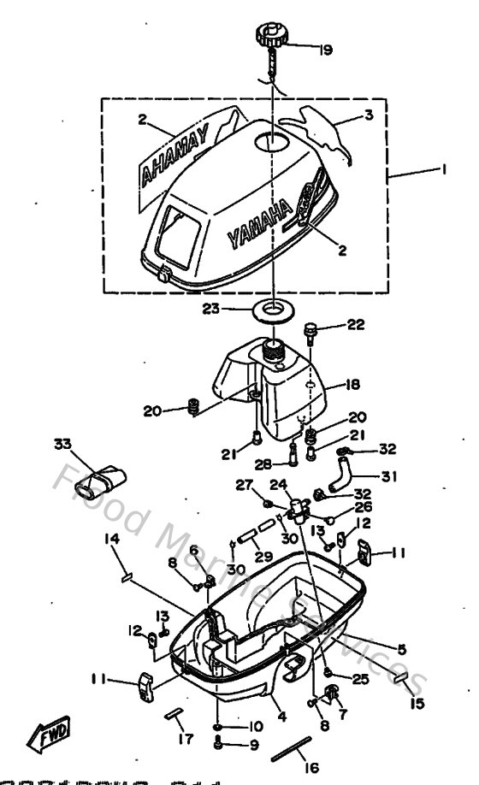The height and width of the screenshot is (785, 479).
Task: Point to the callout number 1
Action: click(443, 169)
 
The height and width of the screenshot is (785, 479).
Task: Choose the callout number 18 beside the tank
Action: click(354, 385)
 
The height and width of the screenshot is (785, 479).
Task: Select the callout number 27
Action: click(244, 485)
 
